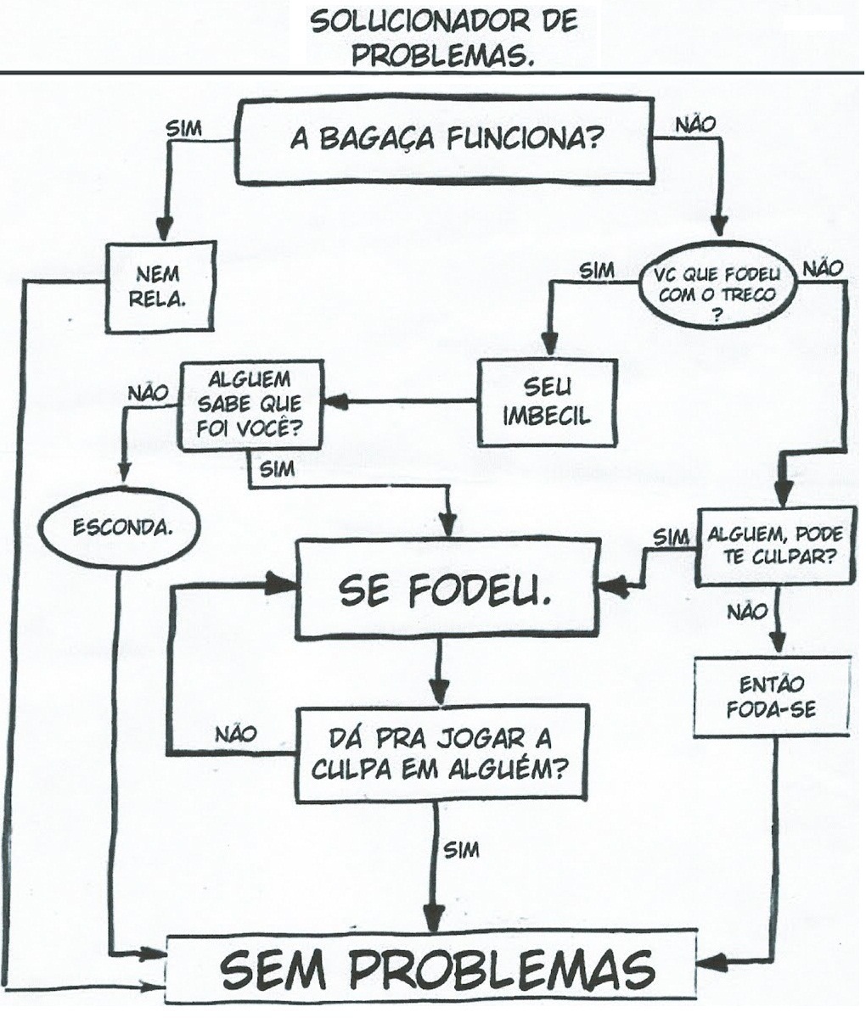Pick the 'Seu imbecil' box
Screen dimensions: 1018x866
[547, 402]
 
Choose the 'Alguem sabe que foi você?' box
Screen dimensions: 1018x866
[250, 406]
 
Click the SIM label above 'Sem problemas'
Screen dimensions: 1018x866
[462, 849]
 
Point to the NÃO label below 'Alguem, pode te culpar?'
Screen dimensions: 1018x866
[747, 611]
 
